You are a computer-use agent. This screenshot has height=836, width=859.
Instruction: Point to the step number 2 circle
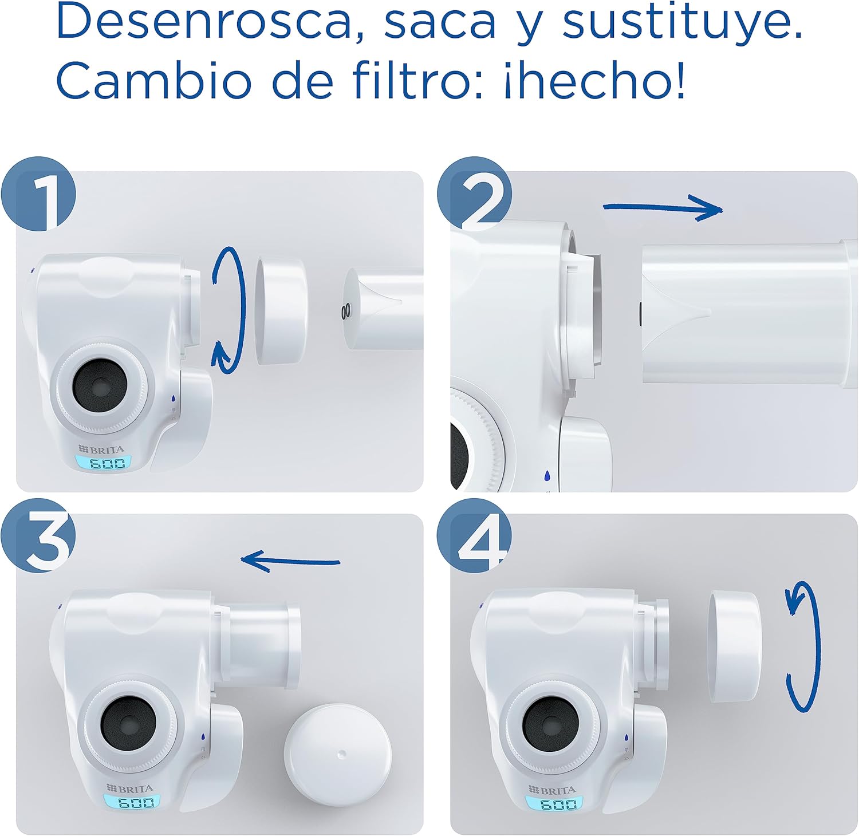click(x=474, y=194)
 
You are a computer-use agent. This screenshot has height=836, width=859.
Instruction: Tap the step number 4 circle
click(x=474, y=535)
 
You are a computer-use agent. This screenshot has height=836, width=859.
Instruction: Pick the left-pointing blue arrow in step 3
click(x=290, y=561)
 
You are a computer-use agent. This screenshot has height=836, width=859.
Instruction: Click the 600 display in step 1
click(x=103, y=462)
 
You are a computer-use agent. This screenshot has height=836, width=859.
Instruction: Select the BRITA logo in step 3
click(x=130, y=789)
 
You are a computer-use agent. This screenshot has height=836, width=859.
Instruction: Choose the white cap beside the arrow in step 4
click(x=735, y=647)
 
